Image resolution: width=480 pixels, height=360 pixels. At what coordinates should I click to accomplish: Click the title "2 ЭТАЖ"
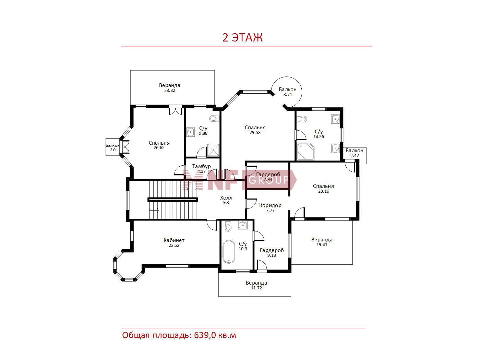242,38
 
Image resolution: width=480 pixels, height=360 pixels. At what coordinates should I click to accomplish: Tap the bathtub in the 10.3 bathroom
229,252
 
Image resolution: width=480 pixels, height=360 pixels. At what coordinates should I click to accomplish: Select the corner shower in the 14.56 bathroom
305,151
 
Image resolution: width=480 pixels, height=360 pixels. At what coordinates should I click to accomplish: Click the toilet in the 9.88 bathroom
214,119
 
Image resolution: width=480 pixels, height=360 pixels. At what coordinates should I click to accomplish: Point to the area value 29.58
255,132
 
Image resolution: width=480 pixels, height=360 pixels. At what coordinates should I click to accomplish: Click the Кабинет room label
174,240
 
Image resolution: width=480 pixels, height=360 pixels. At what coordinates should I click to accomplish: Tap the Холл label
226,198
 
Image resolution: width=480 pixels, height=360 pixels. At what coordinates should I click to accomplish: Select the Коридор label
270,205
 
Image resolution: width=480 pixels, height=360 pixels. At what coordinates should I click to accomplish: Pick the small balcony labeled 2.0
112,147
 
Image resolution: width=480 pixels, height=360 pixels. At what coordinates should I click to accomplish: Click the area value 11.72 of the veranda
256,288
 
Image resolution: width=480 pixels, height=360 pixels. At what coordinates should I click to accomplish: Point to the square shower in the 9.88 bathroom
213,150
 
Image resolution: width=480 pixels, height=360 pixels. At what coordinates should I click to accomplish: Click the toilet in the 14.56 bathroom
303,119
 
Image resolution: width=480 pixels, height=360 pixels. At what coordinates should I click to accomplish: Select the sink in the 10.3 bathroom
243,225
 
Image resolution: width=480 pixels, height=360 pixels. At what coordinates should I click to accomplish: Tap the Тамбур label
201,166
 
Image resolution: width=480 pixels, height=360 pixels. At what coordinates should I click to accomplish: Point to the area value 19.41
322,244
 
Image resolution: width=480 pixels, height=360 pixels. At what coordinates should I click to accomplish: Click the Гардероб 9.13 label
272,252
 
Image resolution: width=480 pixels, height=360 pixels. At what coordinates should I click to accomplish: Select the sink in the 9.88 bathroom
190,132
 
